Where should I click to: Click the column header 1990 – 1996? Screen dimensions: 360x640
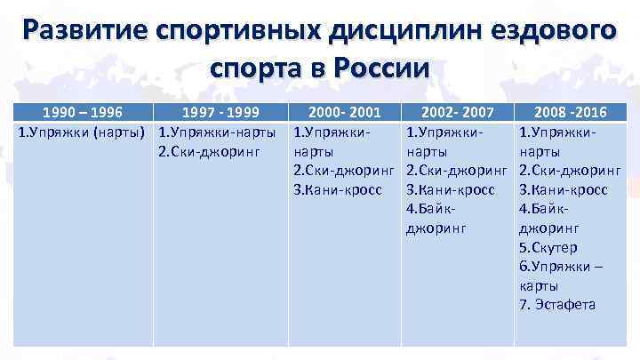coord(84,113)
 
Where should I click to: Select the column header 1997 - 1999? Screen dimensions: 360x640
coord(218,113)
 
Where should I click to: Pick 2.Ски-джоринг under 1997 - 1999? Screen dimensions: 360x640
coord(207,150)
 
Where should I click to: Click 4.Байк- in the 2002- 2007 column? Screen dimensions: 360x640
coord(430,208)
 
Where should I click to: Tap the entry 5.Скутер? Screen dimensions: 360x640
coord(548,246)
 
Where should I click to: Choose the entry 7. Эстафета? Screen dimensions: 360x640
coord(558,304)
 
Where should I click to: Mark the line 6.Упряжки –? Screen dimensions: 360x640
coord(561,266)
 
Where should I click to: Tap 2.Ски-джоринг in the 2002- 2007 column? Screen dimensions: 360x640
coord(456,170)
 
